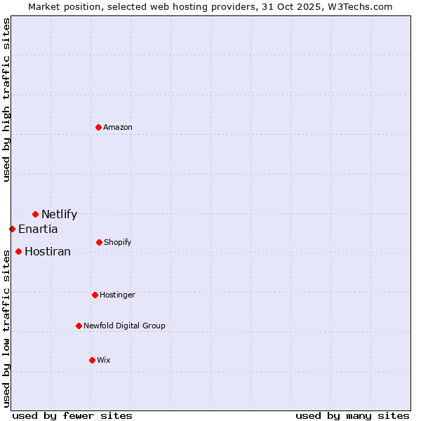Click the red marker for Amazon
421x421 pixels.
pos(99,127)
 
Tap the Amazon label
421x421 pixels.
pos(118,127)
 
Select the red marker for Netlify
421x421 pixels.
pos(35,214)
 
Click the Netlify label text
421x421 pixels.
pos(59,215)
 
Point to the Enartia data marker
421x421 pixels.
pos(12,229)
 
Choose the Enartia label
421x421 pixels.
pos(38,229)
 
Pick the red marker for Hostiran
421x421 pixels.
pos(18,251)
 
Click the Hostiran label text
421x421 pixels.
pos(48,252)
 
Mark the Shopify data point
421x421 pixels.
pos(99,242)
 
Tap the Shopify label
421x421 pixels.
pos(118,243)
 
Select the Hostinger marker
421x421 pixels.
pos(95,295)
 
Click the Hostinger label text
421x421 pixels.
pos(117,295)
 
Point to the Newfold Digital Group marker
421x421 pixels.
pos(79,326)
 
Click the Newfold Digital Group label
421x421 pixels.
pos(124,326)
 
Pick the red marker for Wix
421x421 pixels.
pos(92,360)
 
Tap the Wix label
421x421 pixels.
pos(104,361)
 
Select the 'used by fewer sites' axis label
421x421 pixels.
pos(72,415)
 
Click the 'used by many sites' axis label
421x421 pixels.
pos(352,415)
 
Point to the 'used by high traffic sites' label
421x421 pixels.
pos(6,100)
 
